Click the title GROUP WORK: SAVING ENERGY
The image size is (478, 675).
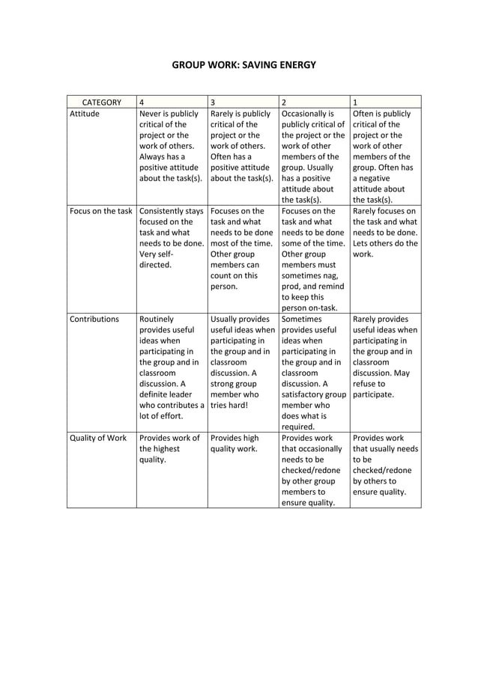point(244,65)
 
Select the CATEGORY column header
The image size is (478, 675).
point(101,102)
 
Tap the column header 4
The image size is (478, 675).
point(142,102)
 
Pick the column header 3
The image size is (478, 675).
point(213,102)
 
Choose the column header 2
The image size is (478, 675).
point(283,102)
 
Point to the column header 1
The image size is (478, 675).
point(354,102)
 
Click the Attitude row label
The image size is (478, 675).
point(84,114)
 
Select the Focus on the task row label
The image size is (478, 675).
point(100,211)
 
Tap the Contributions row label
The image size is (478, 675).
point(94,320)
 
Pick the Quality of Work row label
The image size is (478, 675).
point(98,438)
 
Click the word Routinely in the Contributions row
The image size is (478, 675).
point(157,320)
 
